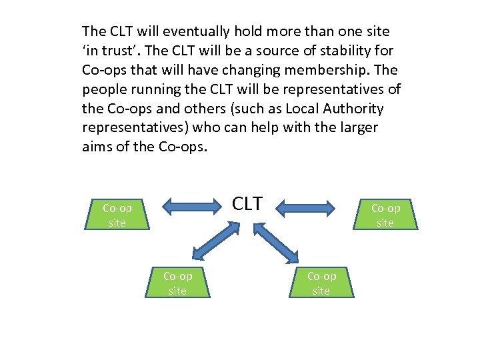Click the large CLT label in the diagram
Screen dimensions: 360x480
coord(247,203)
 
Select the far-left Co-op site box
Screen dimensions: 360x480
coord(117,215)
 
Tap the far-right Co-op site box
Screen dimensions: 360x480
coord(385,215)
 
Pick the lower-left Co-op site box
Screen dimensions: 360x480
coord(177,283)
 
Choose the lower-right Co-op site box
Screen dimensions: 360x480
coord(321,283)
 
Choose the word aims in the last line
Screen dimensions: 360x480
coord(95,147)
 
